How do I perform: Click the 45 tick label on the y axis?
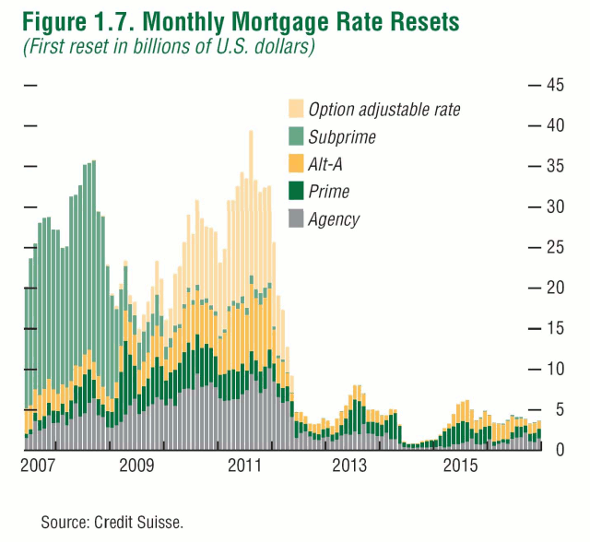[555, 85]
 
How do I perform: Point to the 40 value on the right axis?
[555, 125]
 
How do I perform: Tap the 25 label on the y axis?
[555, 247]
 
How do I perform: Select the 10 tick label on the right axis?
[555, 369]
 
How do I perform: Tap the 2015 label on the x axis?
[459, 466]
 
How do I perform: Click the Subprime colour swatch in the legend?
[296, 137]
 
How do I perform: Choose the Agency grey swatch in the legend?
[296, 218]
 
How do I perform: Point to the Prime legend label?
[329, 192]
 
